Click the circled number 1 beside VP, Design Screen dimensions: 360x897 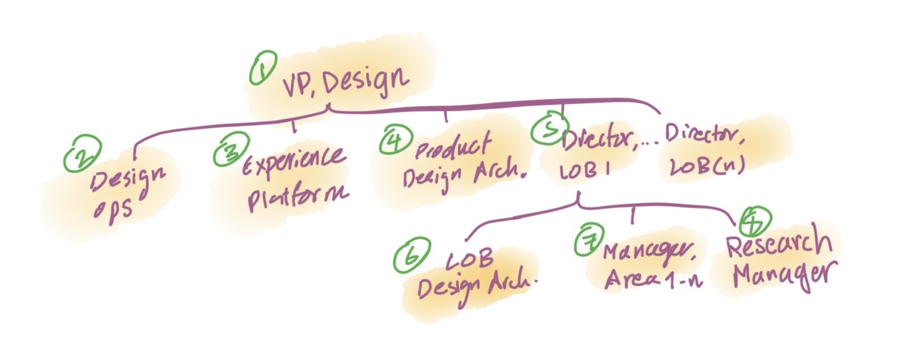(x=263, y=68)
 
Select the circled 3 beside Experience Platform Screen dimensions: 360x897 (x=231, y=149)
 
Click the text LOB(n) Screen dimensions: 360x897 (x=707, y=165)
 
